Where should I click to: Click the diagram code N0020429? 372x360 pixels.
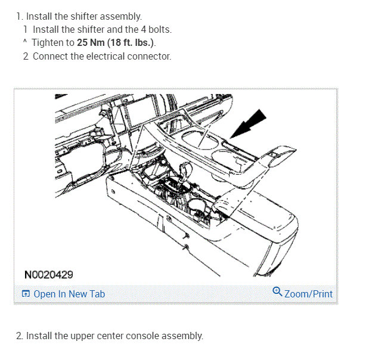coord(49,275)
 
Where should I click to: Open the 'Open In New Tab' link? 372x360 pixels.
coord(69,294)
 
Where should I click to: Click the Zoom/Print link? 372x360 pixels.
coord(308,294)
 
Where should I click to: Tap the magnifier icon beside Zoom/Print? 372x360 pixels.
coord(277,292)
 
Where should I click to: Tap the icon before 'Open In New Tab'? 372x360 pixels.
coord(26,294)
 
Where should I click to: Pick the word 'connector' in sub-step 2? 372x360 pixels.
coord(150,57)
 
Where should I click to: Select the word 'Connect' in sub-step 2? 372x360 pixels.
coord(49,57)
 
